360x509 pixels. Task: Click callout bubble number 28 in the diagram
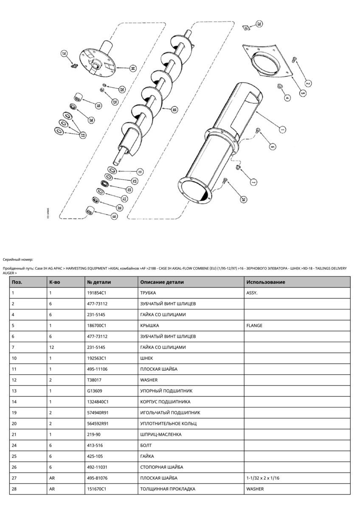point(259,25)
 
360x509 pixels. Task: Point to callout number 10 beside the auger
point(174,109)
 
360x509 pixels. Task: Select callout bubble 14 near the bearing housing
point(132,68)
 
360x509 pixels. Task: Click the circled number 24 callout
point(244,199)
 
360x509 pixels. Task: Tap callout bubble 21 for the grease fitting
point(64,54)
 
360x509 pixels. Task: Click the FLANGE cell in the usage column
point(254,325)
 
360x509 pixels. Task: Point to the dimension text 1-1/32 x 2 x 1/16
point(263,478)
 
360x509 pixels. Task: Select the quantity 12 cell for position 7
point(52,347)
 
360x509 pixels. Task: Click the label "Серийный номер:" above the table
point(18,259)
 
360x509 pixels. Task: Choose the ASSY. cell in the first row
point(252,293)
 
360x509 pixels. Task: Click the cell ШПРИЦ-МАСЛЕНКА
point(161,434)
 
